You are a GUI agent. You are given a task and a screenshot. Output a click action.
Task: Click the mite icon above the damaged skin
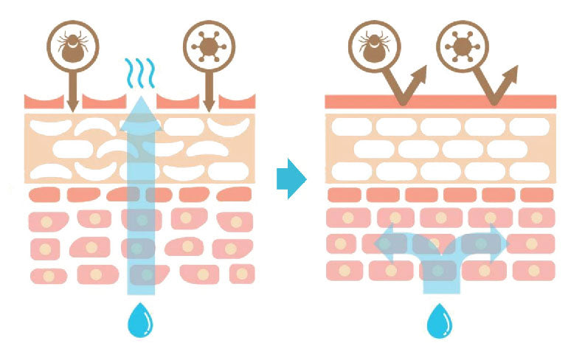point(72,45)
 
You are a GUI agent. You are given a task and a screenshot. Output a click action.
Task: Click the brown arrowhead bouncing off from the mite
point(421,72)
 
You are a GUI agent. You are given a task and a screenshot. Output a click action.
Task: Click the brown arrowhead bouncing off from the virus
point(512,72)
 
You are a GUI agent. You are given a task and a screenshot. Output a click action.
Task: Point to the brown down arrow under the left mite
point(72,100)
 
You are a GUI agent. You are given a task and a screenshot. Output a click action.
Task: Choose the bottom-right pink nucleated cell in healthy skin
point(533,270)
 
